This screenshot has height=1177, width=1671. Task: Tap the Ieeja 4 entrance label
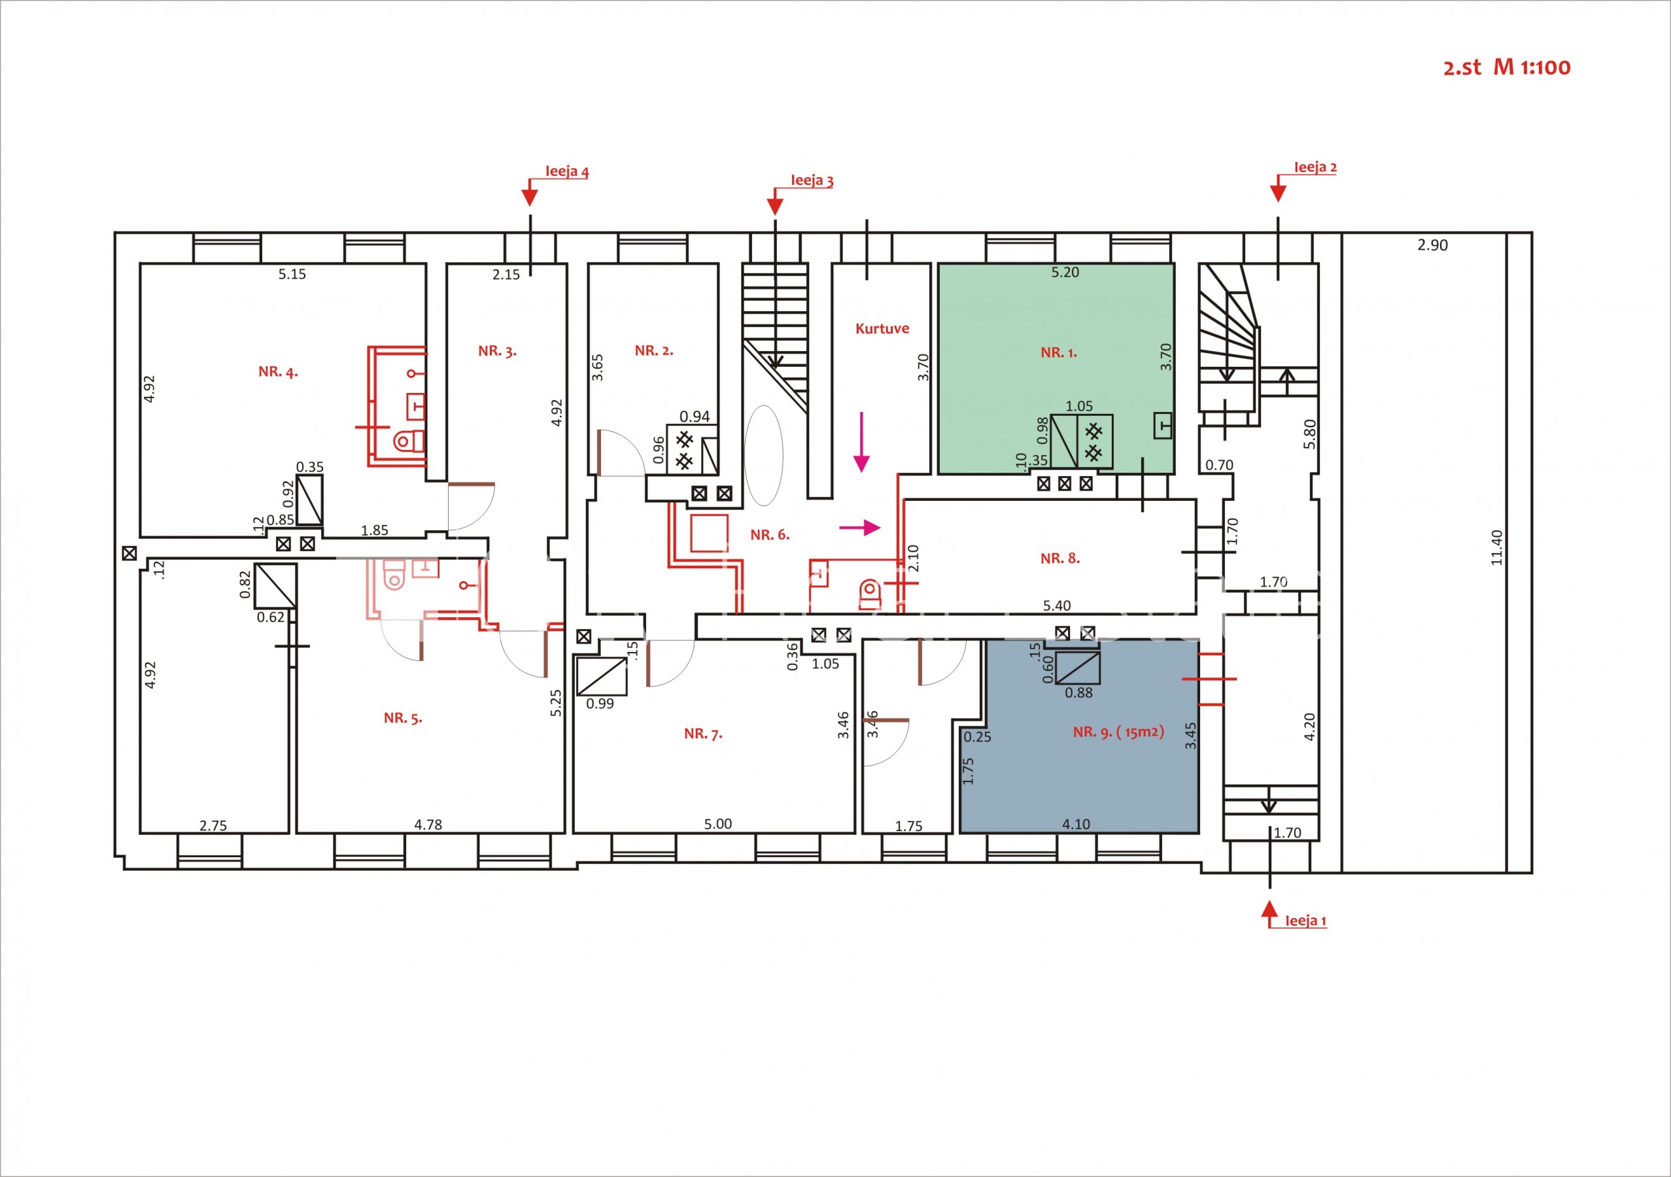[x=567, y=172]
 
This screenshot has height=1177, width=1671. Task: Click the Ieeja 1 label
[x=1305, y=921]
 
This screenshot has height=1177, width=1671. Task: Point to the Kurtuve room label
[x=882, y=328]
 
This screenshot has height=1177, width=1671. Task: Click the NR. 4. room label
[x=278, y=371]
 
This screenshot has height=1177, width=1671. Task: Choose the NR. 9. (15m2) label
[x=1118, y=732]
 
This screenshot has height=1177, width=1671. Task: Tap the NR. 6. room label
[x=770, y=535]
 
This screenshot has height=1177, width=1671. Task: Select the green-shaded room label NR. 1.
[x=1059, y=353]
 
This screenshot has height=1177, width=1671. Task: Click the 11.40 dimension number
[x=1496, y=547]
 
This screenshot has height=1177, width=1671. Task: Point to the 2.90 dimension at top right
[x=1432, y=245]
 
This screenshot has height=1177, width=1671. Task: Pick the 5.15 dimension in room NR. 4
[x=292, y=274]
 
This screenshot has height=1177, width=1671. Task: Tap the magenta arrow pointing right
[x=860, y=528]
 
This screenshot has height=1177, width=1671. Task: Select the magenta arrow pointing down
[x=862, y=442]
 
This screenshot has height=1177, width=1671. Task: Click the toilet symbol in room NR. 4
[x=409, y=440]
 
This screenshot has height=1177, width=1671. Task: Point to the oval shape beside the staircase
[x=763, y=455]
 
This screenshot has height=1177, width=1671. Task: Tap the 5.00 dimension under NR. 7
[x=717, y=824]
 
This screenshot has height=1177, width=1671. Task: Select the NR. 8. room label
[x=1060, y=558]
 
